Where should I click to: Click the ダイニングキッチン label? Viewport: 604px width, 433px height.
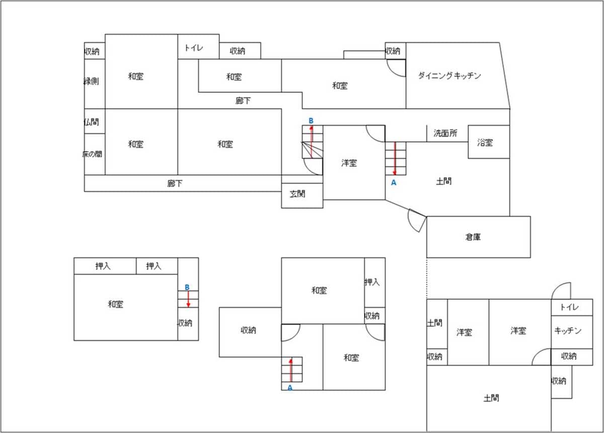point(449,76)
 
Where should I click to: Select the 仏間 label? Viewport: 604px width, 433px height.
point(92,122)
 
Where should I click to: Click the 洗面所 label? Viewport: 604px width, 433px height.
point(445,134)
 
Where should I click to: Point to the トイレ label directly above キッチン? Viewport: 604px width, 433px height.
point(569,307)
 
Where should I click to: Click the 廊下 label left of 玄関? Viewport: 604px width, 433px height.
point(175,184)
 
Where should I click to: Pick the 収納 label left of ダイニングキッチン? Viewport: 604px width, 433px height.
point(393,51)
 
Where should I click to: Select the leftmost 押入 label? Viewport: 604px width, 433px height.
point(103,267)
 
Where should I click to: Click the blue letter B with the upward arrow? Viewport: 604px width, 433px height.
point(311,121)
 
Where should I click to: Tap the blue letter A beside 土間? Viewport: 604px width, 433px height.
point(394,183)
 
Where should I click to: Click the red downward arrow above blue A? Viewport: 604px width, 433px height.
point(395,158)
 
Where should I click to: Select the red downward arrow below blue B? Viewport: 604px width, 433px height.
point(188,299)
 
